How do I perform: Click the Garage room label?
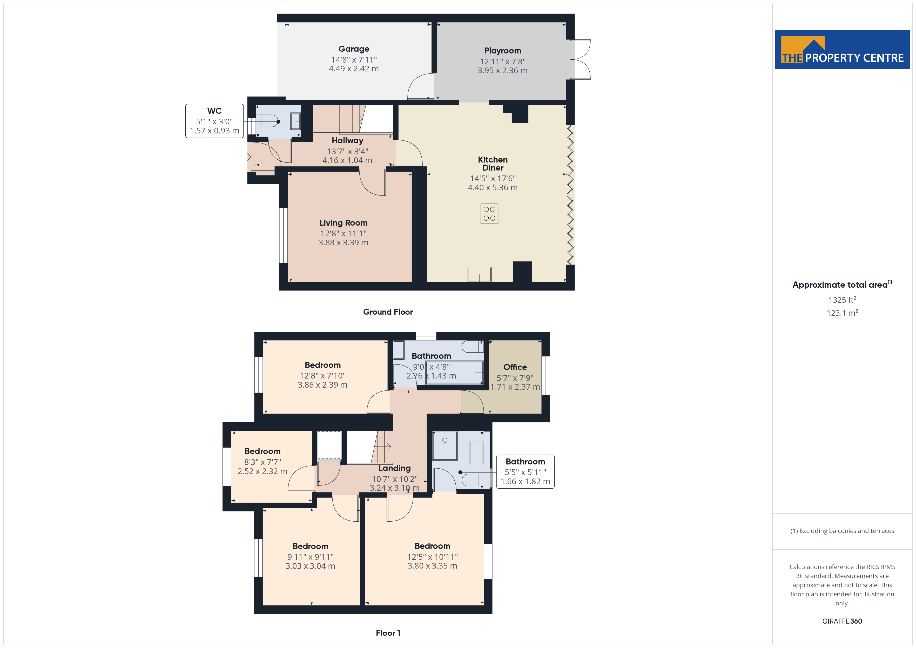pyautogui.click(x=354, y=49)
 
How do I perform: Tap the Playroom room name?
pyautogui.click(x=502, y=51)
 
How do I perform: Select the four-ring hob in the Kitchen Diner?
pyautogui.click(x=489, y=214)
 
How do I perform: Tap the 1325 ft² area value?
pyautogui.click(x=842, y=300)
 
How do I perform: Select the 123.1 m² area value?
pyautogui.click(x=842, y=313)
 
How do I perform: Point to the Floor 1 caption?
pyautogui.click(x=388, y=633)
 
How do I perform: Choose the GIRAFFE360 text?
pyautogui.click(x=842, y=621)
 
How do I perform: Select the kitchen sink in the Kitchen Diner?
pyautogui.click(x=480, y=274)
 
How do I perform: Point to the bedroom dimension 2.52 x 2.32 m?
pyautogui.click(x=262, y=471)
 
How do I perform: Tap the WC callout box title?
pyautogui.click(x=214, y=111)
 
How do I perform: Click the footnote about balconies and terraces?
pyautogui.click(x=842, y=531)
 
